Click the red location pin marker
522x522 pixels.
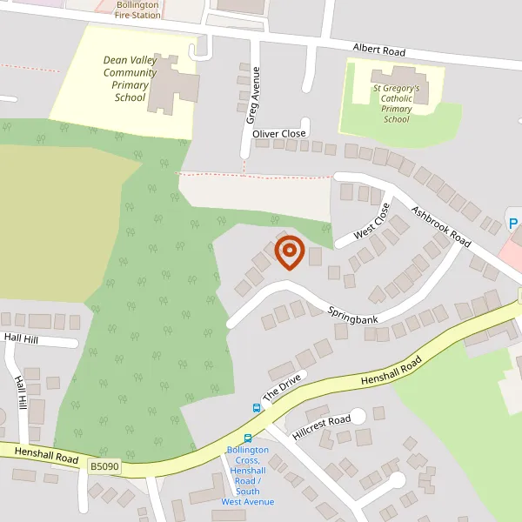[x=289, y=251]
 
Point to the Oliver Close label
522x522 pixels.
[x=278, y=134]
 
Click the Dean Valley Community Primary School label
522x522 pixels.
[x=130, y=78]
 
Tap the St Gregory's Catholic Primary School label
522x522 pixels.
[x=396, y=104]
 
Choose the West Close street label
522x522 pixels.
[x=371, y=223]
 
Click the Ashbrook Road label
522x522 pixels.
[x=441, y=226]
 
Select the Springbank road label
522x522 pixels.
[x=352, y=314]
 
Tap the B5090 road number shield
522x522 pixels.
[x=104, y=467]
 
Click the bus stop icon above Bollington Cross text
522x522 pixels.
[x=248, y=439]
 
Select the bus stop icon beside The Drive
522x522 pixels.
[x=257, y=407]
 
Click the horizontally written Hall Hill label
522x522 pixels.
[x=21, y=337]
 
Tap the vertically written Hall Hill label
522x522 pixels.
[x=21, y=393]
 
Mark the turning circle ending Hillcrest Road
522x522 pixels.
[x=357, y=418]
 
